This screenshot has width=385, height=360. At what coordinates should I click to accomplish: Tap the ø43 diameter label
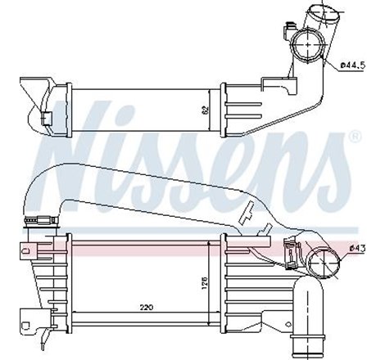(360, 248)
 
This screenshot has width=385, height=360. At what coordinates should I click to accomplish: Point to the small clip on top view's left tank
(51, 116)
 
